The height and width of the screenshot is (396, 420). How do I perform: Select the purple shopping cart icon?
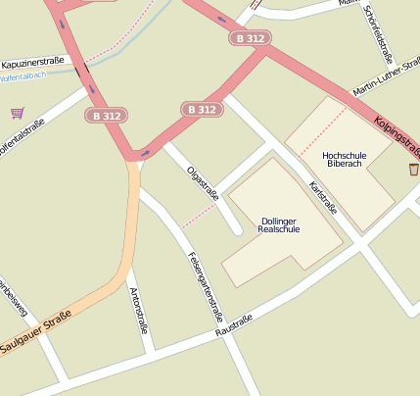pyautogui.click(x=17, y=113)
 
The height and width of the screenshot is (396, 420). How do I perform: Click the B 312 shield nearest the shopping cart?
pyautogui.click(x=107, y=116)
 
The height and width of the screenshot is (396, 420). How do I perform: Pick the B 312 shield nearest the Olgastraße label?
pyautogui.click(x=201, y=110)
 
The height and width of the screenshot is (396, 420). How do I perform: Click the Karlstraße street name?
pyautogui.click(x=322, y=196)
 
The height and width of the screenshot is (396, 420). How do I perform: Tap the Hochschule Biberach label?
pyautogui.click(x=343, y=159)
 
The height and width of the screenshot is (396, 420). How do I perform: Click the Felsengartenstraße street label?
pyautogui.click(x=205, y=287)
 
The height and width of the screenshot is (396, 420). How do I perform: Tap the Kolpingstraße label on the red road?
pyautogui.click(x=397, y=135)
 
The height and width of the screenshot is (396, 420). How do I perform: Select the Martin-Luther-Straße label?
pyautogui.click(x=385, y=79)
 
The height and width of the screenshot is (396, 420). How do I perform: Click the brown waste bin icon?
pyautogui.click(x=413, y=170)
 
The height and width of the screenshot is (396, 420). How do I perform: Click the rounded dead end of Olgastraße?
pyautogui.click(x=236, y=231)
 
